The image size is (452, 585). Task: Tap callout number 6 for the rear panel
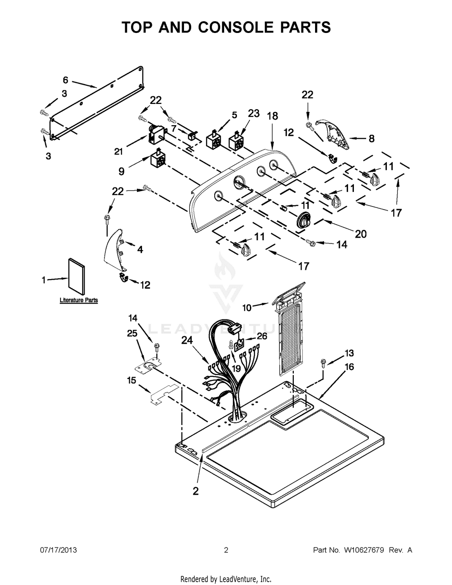point(66,80)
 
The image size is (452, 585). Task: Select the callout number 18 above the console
point(273,116)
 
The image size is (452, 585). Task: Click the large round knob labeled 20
point(304,220)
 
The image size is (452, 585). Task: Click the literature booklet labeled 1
point(76,277)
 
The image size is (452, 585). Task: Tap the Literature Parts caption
point(79,300)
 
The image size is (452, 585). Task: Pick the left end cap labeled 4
point(114,249)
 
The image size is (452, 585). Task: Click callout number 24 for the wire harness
point(187,340)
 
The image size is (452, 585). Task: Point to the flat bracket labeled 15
point(164,394)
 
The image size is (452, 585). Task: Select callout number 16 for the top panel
point(349,367)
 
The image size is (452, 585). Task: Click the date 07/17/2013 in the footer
point(58,550)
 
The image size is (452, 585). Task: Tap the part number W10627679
point(364,550)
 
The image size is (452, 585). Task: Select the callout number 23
point(254,113)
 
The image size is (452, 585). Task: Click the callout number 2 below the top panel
point(196,491)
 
